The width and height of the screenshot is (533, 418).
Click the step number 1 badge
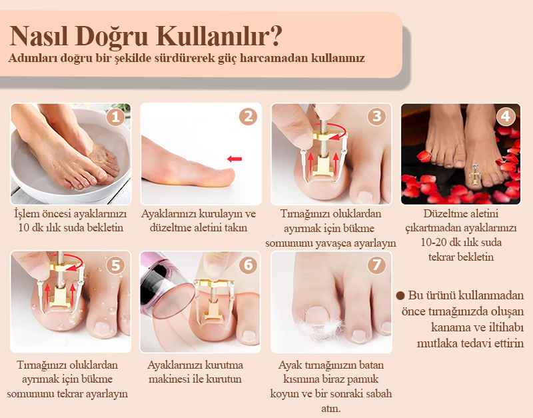(115, 116)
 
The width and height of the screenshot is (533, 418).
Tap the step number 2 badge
(248, 116)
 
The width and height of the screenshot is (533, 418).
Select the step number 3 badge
(376, 116)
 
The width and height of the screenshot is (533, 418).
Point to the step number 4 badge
(506, 116)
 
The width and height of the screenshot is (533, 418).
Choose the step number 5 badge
(115, 265)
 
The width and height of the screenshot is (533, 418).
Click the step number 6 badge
(248, 265)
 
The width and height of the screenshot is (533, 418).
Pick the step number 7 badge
(376, 265)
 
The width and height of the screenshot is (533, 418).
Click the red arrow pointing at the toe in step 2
(235, 159)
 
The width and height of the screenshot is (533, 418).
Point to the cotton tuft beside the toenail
(321, 328)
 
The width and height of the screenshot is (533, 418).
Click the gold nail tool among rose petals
(474, 174)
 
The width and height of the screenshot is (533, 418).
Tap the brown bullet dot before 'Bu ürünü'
(400, 295)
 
